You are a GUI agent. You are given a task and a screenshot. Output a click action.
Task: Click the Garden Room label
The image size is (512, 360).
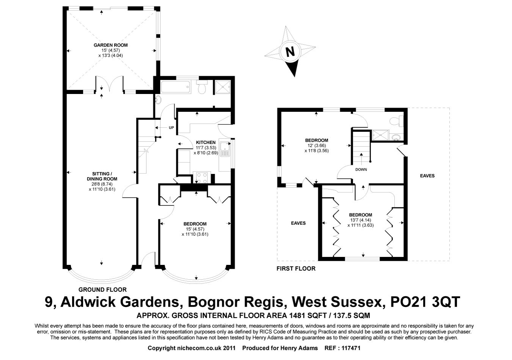click(x=110, y=45)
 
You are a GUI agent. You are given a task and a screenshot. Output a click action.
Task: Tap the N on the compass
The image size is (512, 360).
click(x=290, y=51)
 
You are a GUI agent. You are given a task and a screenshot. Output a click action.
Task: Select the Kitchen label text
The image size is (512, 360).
click(x=206, y=142)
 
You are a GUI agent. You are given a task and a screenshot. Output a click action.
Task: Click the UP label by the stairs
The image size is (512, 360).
click(x=171, y=128)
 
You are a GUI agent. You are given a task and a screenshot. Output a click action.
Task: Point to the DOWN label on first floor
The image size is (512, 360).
click(x=361, y=169)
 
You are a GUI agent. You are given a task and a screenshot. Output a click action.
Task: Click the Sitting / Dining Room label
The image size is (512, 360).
click(x=102, y=176)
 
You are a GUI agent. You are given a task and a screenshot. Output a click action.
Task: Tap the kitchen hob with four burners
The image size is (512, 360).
click(x=202, y=177)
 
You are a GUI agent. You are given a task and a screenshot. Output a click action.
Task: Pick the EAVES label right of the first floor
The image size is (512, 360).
click(x=427, y=176)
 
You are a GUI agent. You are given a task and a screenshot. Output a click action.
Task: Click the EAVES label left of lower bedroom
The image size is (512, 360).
click(x=298, y=223)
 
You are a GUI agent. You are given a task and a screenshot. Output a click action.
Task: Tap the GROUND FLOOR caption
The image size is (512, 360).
click(x=102, y=290)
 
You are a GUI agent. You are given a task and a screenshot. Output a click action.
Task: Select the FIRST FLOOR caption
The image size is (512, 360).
click(x=296, y=269)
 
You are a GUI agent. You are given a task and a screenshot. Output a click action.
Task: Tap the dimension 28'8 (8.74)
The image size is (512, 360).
click(x=102, y=184)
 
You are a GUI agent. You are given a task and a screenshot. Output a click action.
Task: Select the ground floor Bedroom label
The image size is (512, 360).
click(x=195, y=224)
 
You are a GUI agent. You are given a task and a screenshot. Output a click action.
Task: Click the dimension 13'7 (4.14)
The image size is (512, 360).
click(x=360, y=220)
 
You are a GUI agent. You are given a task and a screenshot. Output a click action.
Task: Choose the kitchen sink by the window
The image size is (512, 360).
click(x=225, y=149)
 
